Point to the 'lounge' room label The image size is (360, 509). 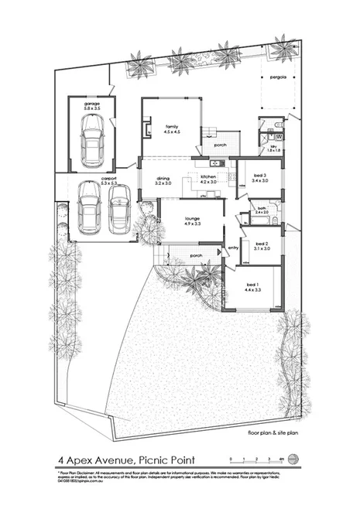[192, 219]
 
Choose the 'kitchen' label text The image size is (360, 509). [208, 177]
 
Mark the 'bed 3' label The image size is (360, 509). [259, 175]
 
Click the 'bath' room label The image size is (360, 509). [261, 207]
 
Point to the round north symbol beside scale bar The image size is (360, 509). [293, 456]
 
